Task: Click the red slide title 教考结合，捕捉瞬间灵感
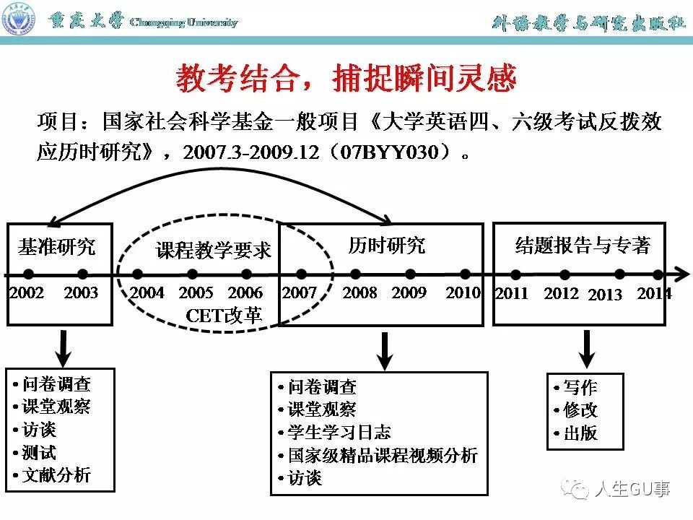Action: coord(346,79)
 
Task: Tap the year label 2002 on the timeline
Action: coord(27,293)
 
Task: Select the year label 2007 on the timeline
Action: coord(300,293)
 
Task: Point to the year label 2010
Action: coord(463,293)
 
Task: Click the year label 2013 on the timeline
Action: coord(605,295)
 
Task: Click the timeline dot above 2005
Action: coord(192,274)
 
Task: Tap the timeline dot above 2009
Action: coord(410,274)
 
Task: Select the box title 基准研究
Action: coord(56,247)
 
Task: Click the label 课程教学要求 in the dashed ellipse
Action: coord(214,251)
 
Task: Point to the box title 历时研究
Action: coord(386,246)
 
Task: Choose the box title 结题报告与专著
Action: coord(583,246)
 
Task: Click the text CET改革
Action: coord(224,315)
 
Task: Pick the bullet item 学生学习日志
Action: coord(339,432)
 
